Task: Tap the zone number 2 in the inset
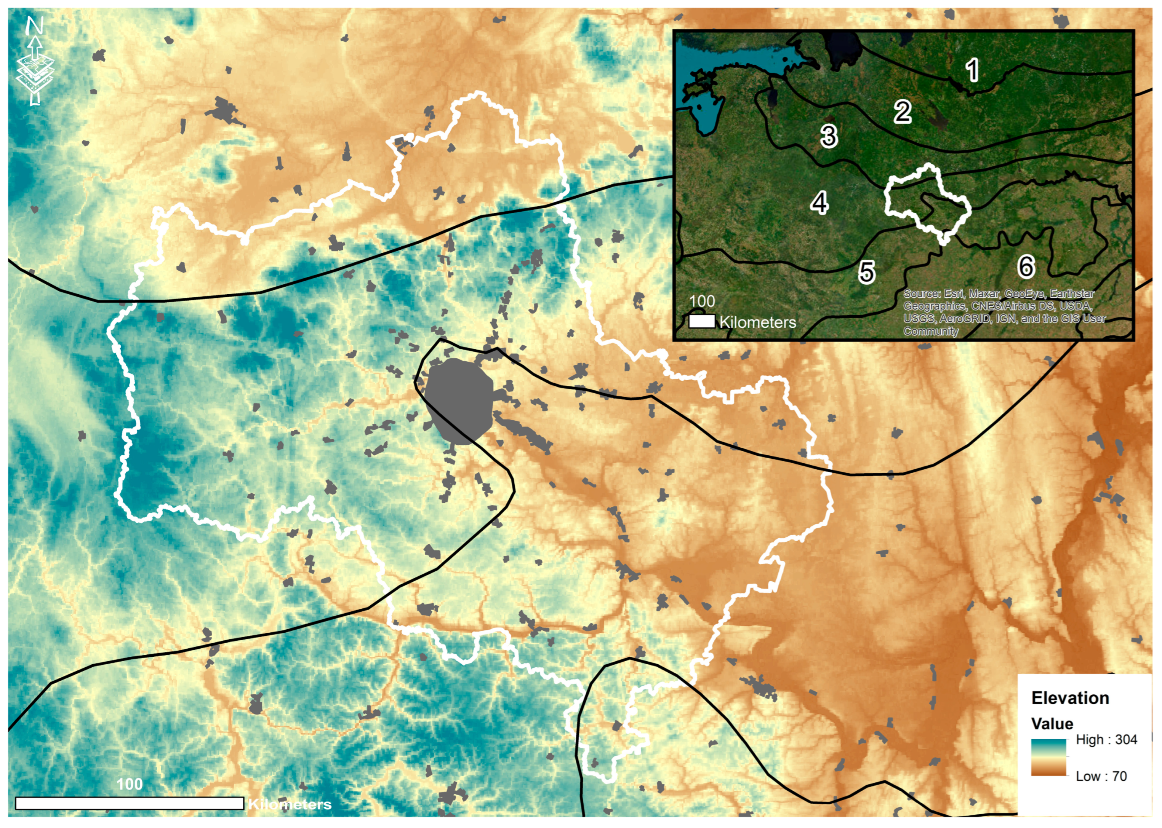[903, 112]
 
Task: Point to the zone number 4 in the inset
[819, 203]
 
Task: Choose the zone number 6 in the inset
[1026, 266]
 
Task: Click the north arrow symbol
[35, 61]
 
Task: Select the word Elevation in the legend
[1070, 698]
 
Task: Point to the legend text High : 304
[1106, 740]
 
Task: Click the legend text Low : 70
[1101, 777]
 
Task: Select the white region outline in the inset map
[887, 199]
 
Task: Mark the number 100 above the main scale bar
[130, 784]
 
